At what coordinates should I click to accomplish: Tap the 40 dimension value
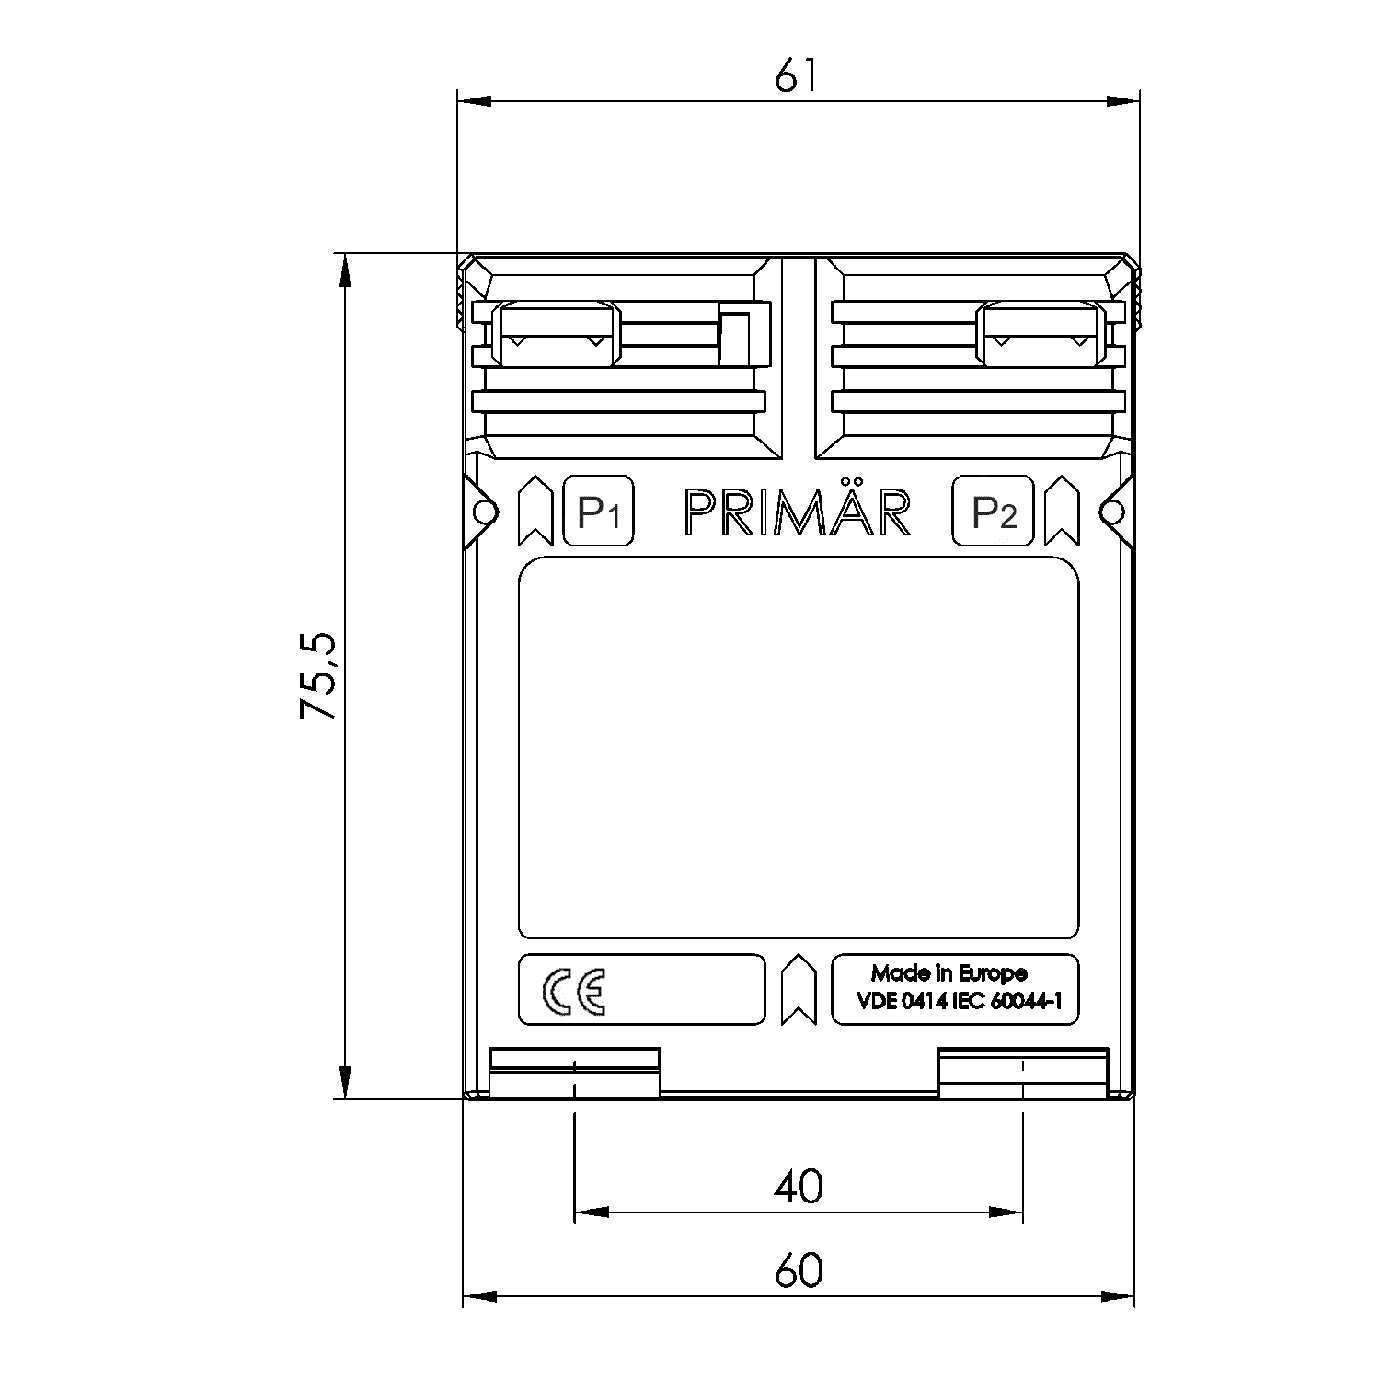click(x=798, y=1187)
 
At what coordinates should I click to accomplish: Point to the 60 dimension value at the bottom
click(x=798, y=1271)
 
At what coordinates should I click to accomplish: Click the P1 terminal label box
click(x=598, y=512)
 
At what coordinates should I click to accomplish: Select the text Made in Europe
click(x=949, y=973)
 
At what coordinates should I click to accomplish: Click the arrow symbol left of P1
click(x=534, y=512)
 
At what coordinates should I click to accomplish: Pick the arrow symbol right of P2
click(x=1062, y=512)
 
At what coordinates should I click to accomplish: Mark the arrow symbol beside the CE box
click(x=798, y=989)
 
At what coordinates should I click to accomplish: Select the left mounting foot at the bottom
click(x=574, y=1073)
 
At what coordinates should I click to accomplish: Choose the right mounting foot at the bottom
click(x=1021, y=1073)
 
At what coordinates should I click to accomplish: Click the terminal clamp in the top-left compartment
click(x=558, y=334)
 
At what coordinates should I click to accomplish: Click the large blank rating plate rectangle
click(x=799, y=747)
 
